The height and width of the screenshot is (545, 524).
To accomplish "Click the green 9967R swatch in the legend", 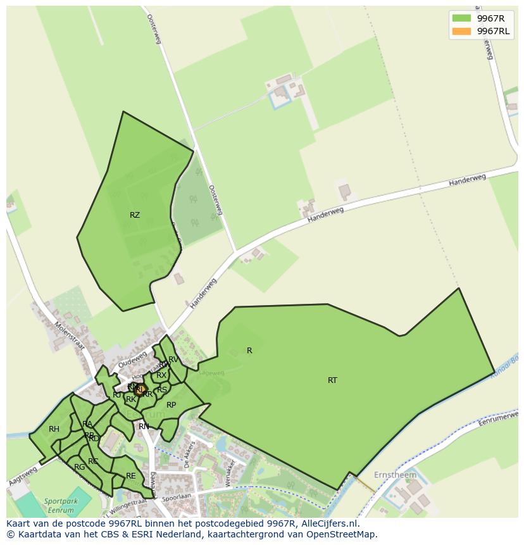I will tap(461, 18).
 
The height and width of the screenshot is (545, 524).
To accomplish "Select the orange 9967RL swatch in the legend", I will tap(461, 31).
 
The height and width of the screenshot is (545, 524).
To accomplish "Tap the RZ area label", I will tap(134, 215).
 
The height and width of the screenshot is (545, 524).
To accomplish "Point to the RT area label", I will tap(332, 380).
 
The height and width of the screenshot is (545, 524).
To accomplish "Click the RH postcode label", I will tap(54, 429).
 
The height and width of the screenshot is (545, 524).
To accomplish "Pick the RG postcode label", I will tap(79, 467).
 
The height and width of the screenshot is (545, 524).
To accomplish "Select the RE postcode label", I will tap(131, 476).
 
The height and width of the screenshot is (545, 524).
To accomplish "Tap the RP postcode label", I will tap(171, 405).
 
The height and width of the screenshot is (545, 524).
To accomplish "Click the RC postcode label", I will tap(93, 461).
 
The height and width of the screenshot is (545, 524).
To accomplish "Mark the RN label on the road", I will tap(144, 427).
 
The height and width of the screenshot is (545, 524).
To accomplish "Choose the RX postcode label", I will tap(161, 375).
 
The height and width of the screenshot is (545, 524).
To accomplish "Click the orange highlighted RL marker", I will tap(140, 390).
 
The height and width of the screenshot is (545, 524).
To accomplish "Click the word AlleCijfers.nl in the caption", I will tap(327, 523).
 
